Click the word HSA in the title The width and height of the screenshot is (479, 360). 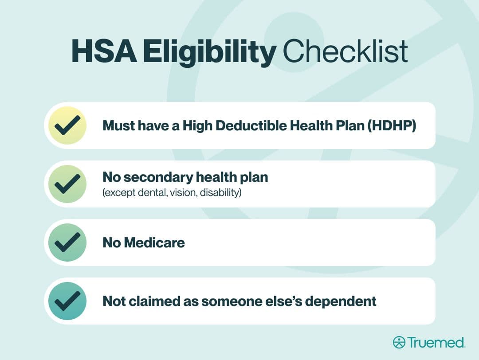pos(104,51)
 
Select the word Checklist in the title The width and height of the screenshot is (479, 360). pos(345,51)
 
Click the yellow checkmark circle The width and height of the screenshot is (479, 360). pos(67,125)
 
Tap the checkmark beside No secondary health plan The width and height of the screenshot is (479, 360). pos(67,184)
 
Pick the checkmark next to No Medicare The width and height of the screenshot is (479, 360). pos(67,243)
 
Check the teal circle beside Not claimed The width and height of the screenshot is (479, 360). pos(67,301)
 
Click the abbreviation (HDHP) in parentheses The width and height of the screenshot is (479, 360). pos(392,126)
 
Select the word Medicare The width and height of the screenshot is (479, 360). pos(154,243)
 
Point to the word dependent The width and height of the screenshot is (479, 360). pos(341,301)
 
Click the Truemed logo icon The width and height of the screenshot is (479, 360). pos(399,342)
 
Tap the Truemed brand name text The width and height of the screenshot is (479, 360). pos(436,342)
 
